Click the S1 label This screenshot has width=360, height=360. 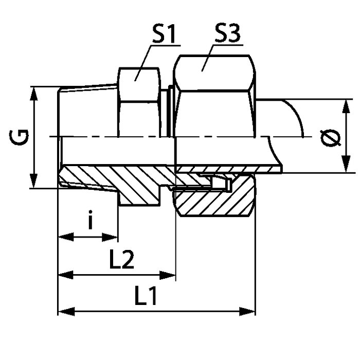coord(164,34)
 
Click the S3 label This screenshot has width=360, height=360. coord(227,33)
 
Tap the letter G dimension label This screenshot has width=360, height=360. coord(19,137)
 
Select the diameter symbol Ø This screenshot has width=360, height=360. coord(331,138)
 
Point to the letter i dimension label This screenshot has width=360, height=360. coord(91,220)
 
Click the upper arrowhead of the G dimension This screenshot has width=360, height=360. coord(34,94)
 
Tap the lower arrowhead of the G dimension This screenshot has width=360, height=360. coord(34,181)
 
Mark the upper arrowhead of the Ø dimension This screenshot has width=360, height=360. coord(346,106)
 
